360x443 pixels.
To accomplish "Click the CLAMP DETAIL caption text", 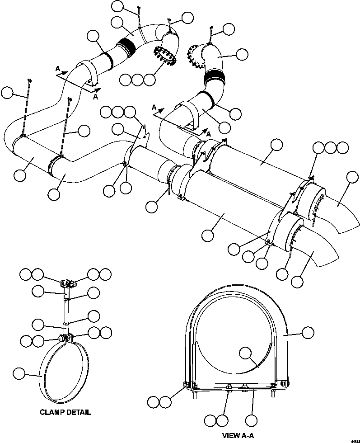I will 65,412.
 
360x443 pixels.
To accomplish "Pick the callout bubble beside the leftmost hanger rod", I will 7,93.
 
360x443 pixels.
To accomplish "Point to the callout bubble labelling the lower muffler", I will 207,235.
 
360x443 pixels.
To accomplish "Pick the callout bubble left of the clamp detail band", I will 19,373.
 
